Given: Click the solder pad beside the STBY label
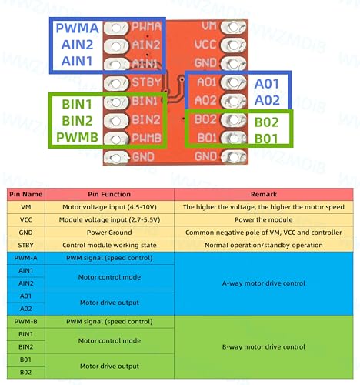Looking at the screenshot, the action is click(x=116, y=83).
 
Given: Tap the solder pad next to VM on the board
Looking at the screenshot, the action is click(x=233, y=27).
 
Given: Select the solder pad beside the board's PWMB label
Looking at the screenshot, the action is click(x=116, y=139).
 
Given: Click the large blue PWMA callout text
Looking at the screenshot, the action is click(x=77, y=28).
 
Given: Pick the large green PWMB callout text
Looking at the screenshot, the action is click(x=77, y=137).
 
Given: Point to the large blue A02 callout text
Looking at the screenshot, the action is click(x=267, y=100).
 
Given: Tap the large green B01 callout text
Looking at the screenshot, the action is click(x=266, y=139).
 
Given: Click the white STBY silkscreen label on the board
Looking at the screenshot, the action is click(x=146, y=82).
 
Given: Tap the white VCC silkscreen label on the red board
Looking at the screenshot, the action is click(x=205, y=45).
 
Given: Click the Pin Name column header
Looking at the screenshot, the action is click(x=26, y=194).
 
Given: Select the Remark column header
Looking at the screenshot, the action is click(x=264, y=194).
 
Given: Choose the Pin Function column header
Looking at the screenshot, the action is click(x=109, y=194).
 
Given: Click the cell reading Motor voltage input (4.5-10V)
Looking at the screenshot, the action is click(x=109, y=207).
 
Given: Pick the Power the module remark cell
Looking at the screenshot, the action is click(x=264, y=219).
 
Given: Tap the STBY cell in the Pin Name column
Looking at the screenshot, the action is click(x=26, y=245).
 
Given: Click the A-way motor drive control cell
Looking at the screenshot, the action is click(x=264, y=283).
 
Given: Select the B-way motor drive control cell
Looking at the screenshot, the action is click(x=264, y=347).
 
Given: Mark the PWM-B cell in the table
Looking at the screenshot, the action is click(x=26, y=322).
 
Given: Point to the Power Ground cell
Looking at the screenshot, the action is click(x=109, y=233).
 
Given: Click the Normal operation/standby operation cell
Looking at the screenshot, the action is click(x=264, y=245).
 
